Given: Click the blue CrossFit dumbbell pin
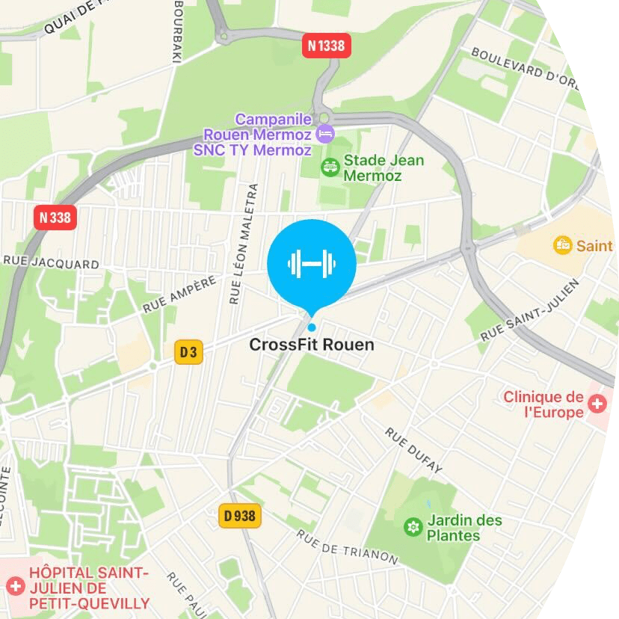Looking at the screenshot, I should [312, 264].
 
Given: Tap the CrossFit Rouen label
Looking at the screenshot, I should [311, 345].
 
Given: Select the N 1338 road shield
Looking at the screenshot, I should [327, 46].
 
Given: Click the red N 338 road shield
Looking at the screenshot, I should [56, 218].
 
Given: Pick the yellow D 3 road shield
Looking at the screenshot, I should [188, 351].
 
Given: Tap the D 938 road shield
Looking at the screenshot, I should [240, 515].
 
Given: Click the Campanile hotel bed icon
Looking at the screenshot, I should [325, 135].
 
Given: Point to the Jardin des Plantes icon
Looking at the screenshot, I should [412, 527].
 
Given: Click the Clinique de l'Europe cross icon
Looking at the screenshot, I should [597, 404].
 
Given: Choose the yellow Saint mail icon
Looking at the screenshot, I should [562, 245].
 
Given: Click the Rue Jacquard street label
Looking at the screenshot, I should [51, 264].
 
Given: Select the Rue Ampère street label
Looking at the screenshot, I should [179, 293].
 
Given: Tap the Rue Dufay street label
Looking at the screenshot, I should [414, 450].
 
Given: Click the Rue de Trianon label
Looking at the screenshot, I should [347, 547].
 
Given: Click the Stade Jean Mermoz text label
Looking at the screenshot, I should [384, 168].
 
